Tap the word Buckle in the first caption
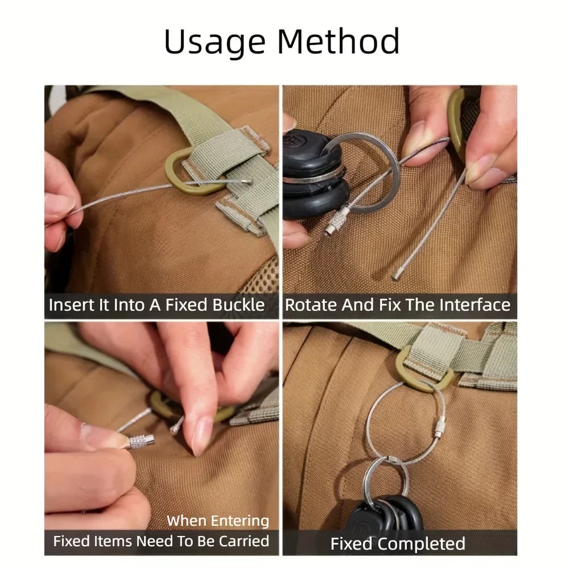(x=238, y=305)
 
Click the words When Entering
(x=218, y=521)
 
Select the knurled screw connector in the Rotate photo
(x=336, y=221)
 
